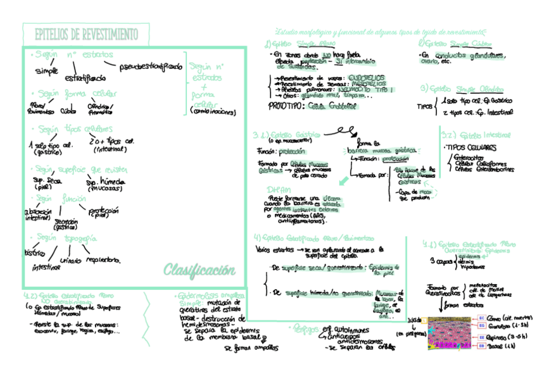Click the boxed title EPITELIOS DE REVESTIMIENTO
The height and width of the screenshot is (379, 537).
click(85, 34)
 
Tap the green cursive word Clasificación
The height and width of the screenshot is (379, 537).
click(199, 271)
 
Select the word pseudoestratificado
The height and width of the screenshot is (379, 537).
click(150, 66)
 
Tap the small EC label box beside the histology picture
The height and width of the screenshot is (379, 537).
click(481, 318)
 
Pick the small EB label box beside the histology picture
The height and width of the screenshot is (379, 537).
click(481, 347)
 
